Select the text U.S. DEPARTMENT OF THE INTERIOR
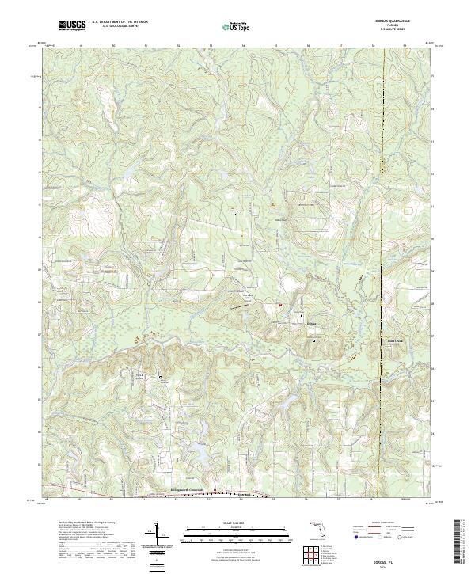click(x=119, y=23)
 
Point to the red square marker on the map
click(x=279, y=305)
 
